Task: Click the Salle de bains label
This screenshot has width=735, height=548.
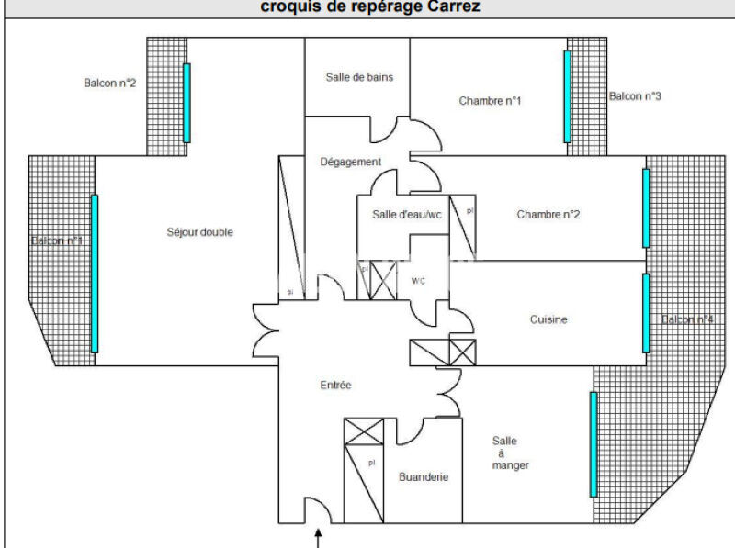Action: [359, 77]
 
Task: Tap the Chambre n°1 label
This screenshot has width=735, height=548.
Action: [491, 101]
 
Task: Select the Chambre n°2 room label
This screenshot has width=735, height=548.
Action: [548, 215]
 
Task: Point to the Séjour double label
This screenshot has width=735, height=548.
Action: [200, 232]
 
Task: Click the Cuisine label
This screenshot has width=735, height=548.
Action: [548, 319]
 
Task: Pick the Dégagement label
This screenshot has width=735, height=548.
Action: [350, 162]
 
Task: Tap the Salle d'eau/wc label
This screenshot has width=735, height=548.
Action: [407, 215]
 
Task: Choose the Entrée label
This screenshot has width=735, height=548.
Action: [335, 386]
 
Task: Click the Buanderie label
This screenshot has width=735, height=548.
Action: [424, 477]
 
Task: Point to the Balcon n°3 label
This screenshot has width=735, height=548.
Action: [636, 95]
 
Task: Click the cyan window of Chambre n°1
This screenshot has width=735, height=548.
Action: [567, 96]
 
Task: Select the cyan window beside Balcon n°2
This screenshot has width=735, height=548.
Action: [187, 103]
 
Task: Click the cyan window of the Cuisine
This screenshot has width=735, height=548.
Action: [646, 313]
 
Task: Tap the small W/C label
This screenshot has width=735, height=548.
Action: [418, 281]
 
